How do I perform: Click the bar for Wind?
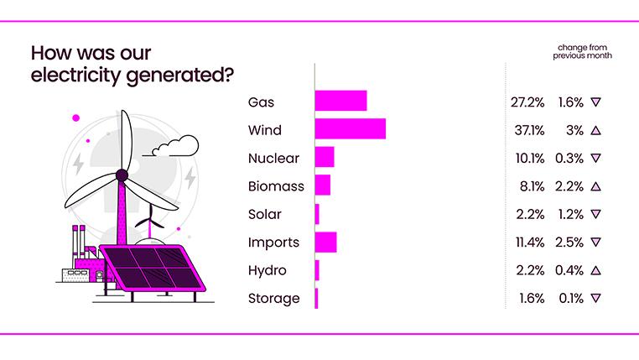coord(350,129)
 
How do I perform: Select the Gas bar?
coord(340,102)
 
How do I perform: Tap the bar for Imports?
coord(325,242)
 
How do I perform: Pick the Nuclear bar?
coord(325,158)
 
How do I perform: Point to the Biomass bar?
coord(323,185)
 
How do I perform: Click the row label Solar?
coord(265,214)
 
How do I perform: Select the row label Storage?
coord(273,298)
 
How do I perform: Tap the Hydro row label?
coord(268,270)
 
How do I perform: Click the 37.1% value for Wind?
coord(527,130)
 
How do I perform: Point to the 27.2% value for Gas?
coord(527,102)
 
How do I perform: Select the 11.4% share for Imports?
coord(527,243)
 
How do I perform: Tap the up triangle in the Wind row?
coord(595,130)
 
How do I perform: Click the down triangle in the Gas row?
coord(595,102)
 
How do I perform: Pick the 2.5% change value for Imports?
coord(570,243)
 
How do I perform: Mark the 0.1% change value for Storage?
coord(571,298)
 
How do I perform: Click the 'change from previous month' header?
coord(581,51)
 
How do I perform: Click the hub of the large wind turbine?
coord(122,175)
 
